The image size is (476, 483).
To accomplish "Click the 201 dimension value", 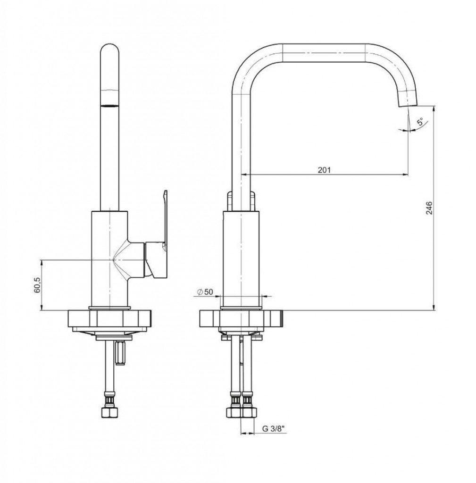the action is [x=324, y=170].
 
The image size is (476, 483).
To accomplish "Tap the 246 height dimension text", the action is [x=429, y=208].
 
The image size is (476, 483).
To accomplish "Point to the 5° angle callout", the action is [x=420, y=121].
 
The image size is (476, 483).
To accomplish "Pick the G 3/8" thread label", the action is [x=273, y=428].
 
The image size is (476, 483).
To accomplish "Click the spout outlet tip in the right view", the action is [x=408, y=106].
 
